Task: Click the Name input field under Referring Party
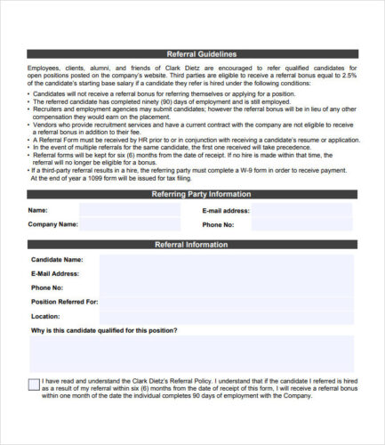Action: (128, 210)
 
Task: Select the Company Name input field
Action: (128, 224)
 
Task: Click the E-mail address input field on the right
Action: (302, 210)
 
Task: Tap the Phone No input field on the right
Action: (302, 224)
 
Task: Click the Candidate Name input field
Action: (227, 261)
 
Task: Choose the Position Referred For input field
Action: (227, 303)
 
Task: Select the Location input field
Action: (227, 316)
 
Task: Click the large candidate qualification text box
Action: (192, 354)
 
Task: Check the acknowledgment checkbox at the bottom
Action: (34, 384)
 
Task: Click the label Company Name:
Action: (53, 224)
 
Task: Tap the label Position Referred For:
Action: (65, 302)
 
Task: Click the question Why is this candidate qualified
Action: (104, 330)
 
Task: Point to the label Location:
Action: (45, 316)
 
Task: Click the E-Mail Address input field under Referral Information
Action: (227, 274)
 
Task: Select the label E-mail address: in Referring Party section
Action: (226, 211)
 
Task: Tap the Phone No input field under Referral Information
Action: (227, 288)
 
